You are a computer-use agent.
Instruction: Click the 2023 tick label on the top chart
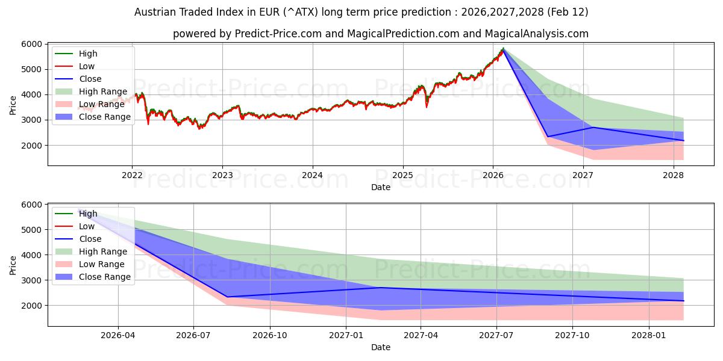[222, 175]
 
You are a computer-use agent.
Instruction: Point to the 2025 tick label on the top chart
[402, 175]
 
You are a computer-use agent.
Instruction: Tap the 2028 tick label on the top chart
[673, 175]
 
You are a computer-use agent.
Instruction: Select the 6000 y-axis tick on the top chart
[31, 44]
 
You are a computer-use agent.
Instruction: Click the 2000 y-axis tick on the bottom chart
[31, 306]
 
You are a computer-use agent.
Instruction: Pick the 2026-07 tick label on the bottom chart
[193, 335]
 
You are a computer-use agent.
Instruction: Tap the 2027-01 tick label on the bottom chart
[346, 335]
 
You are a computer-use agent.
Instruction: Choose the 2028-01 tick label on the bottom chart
[649, 335]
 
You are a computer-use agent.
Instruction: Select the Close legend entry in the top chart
[90, 79]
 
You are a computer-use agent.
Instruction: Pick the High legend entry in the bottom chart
[87, 214]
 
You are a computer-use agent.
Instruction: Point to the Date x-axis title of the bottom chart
[380, 347]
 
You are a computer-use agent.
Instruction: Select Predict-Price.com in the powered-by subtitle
[277, 34]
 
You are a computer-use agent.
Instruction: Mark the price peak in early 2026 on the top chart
[503, 49]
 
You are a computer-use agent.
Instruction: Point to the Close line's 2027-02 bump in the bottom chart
[381, 288]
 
